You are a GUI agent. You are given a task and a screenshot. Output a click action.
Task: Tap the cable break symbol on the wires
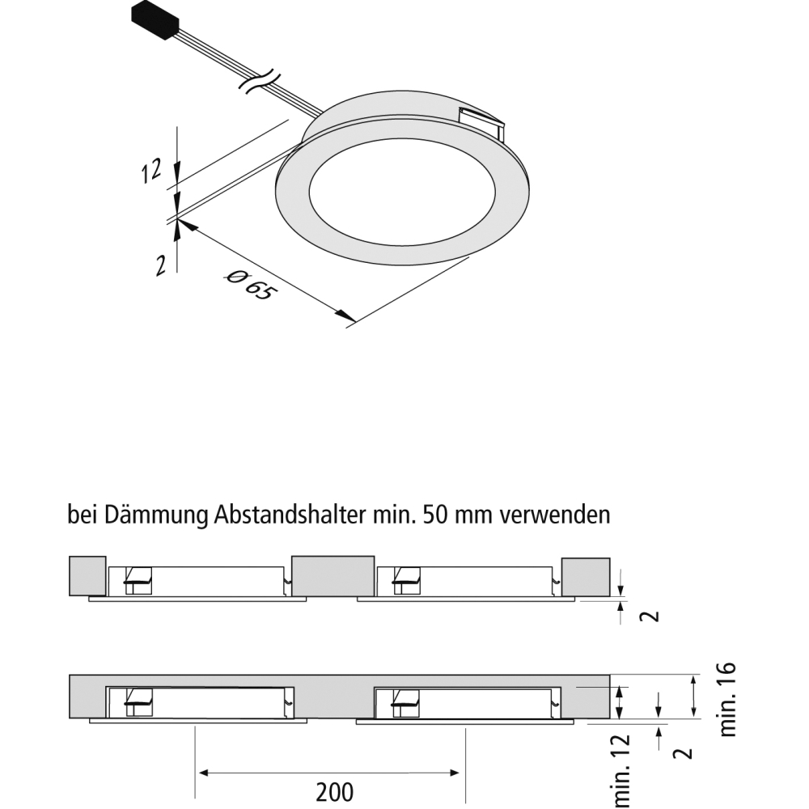[x=260, y=82]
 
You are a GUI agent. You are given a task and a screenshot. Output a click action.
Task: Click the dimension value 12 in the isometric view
[x=152, y=171]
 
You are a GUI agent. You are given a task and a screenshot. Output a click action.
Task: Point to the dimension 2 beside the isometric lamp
[x=161, y=266]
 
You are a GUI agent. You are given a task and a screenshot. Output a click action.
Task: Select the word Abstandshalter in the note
[x=290, y=515]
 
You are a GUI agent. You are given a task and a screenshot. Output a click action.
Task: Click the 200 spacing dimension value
[x=335, y=792]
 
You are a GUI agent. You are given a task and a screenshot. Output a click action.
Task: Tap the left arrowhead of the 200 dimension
[x=205, y=773]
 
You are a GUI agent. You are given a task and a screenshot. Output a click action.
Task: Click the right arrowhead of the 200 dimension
[x=454, y=773]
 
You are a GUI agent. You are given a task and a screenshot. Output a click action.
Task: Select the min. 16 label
[x=727, y=699]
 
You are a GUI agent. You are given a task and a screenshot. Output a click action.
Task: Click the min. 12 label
[x=621, y=771]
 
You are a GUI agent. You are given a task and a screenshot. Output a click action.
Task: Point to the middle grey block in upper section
[x=332, y=576]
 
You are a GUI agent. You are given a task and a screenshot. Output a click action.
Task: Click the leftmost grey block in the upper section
[x=87, y=576]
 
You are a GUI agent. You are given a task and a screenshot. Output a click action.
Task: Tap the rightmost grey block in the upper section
[x=586, y=577]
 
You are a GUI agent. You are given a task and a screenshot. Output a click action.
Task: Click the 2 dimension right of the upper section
[x=653, y=616]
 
